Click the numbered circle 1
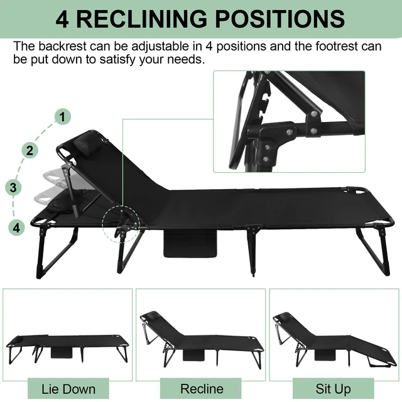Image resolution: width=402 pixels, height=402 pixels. click(x=63, y=116)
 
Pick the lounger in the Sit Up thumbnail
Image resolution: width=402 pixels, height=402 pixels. click(x=333, y=339)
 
